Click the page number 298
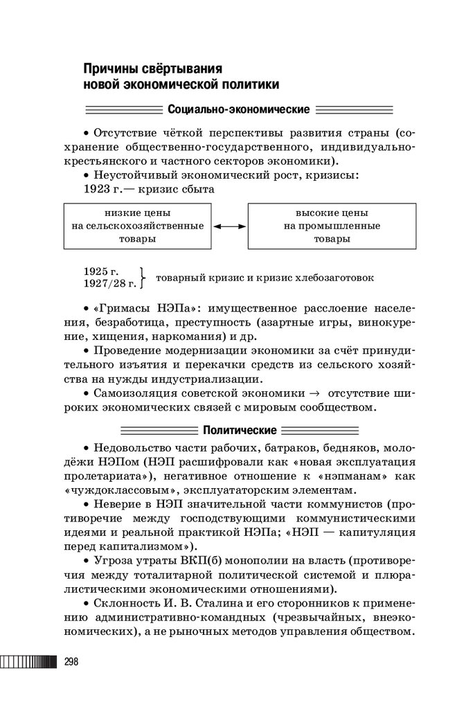(71, 662)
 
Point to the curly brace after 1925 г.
(142, 278)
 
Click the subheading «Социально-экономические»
(238, 109)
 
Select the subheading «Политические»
(240, 430)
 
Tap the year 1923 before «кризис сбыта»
(99, 188)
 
